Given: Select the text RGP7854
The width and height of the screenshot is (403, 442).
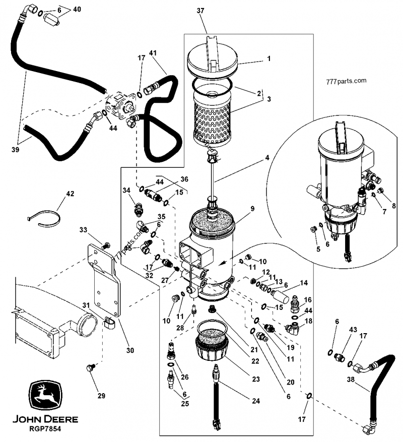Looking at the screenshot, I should pos(45,428).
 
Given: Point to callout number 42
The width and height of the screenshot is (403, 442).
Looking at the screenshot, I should pos(70,193).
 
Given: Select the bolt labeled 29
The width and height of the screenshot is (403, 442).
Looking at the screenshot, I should pos(91,369).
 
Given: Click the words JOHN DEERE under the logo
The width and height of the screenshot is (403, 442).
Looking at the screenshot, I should pos(45,419).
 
